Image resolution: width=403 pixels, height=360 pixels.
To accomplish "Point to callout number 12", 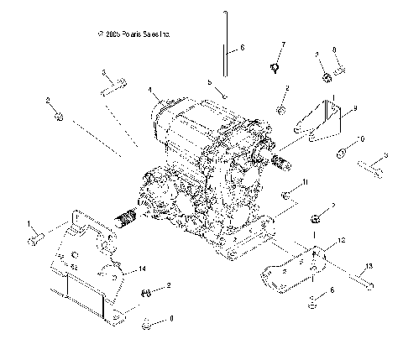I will [340, 240].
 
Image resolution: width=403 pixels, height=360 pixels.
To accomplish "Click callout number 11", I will [306, 181].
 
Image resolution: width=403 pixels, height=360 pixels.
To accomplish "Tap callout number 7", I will [283, 44].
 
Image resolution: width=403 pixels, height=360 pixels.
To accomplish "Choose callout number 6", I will [242, 49].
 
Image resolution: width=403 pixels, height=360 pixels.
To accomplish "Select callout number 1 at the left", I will [29, 222].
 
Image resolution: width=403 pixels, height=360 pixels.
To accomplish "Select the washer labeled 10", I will [343, 154].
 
